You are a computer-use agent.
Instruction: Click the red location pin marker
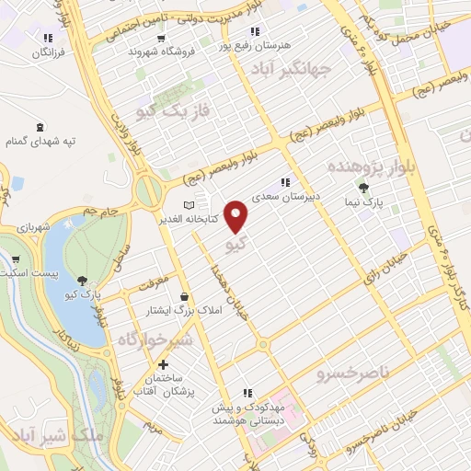pos(237,216)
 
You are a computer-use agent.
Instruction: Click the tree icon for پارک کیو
pos(83,281)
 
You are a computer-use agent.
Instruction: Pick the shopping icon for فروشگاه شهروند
pos(162,39)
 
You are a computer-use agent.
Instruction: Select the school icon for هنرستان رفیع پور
pos(224,44)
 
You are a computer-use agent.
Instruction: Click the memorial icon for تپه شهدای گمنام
pos(39,127)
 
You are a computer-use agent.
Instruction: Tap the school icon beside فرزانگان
pos(47,38)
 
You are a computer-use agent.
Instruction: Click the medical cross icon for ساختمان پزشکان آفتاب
pos(163,365)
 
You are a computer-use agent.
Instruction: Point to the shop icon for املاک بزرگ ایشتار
pos(187,297)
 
